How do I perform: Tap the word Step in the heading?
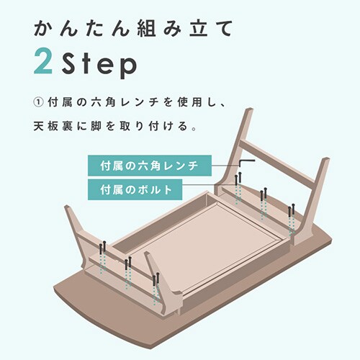point(99,64)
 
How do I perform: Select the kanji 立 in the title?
point(199,28)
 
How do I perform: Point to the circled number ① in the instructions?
point(38,102)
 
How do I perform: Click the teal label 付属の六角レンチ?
point(150,166)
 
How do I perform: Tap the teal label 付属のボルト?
point(135,189)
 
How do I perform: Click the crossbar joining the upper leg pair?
point(277,164)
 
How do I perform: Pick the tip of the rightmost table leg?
point(326,160)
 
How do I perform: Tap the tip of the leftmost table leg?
point(67,207)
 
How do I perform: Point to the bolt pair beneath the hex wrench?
point(238,179)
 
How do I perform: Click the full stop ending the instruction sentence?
point(194,129)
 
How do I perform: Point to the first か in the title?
point(43,28)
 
